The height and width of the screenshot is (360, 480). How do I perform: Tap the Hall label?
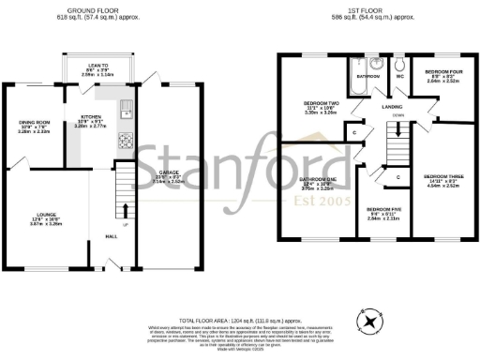[x=111, y=235]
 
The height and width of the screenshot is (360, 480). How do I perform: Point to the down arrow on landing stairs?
[x=398, y=115]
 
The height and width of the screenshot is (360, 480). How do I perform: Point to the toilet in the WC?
[x=398, y=64]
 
